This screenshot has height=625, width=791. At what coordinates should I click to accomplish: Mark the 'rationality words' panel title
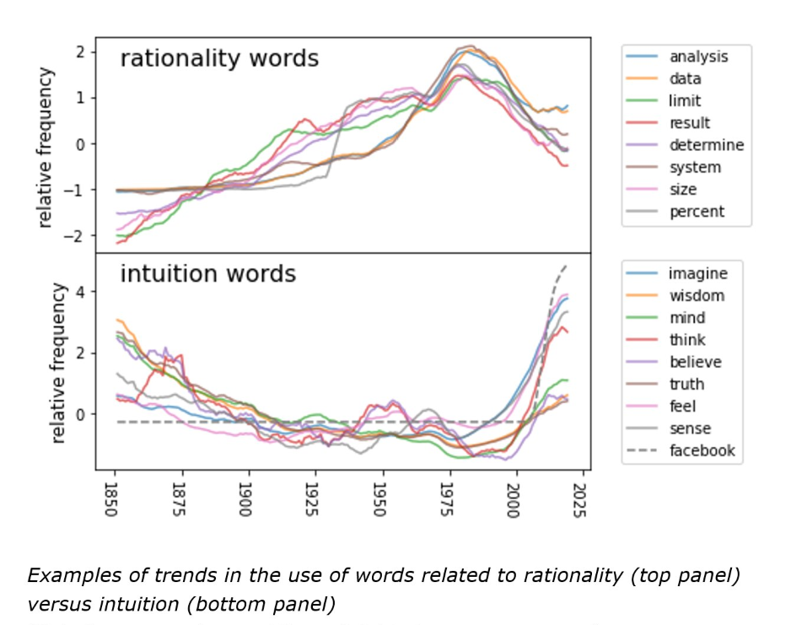[219, 59]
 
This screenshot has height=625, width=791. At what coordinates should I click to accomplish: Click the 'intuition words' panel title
[207, 274]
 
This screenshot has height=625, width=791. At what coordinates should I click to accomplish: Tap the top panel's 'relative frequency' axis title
[47, 147]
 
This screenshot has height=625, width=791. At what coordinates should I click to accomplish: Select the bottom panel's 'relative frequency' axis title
[58, 362]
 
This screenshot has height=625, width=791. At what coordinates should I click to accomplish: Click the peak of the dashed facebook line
[565, 266]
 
